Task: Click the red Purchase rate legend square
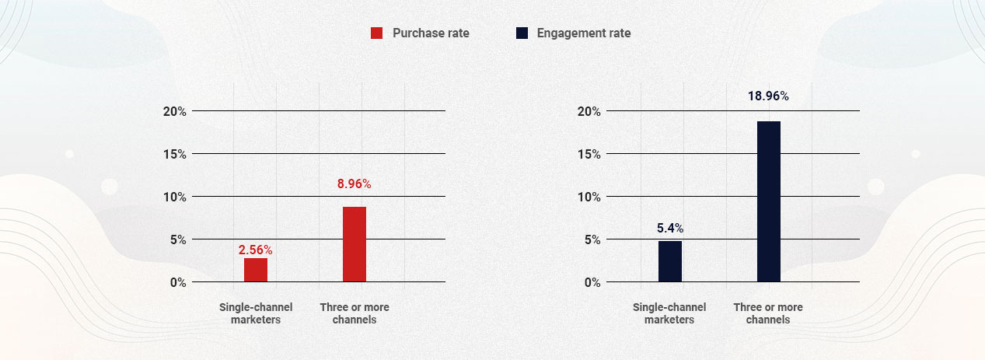coord(377,33)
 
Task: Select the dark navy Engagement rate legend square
coord(522,33)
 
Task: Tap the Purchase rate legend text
coord(431,33)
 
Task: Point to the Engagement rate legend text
coord(584,33)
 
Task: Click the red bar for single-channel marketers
coord(256,269)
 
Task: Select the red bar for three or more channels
coord(355,244)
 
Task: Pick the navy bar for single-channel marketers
coord(670,261)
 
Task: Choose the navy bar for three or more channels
coord(769,201)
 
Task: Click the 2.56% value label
coord(256,250)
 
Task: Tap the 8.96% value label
coord(355,184)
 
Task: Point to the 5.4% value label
coord(669,229)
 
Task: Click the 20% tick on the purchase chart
coord(174,111)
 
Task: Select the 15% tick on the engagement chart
coord(589,154)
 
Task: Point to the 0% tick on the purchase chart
coord(178,282)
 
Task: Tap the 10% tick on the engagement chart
coord(589,197)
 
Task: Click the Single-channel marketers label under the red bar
coord(256,313)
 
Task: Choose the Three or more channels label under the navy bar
coord(768,313)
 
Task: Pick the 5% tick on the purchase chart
coord(178,239)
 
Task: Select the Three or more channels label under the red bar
coord(355,313)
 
